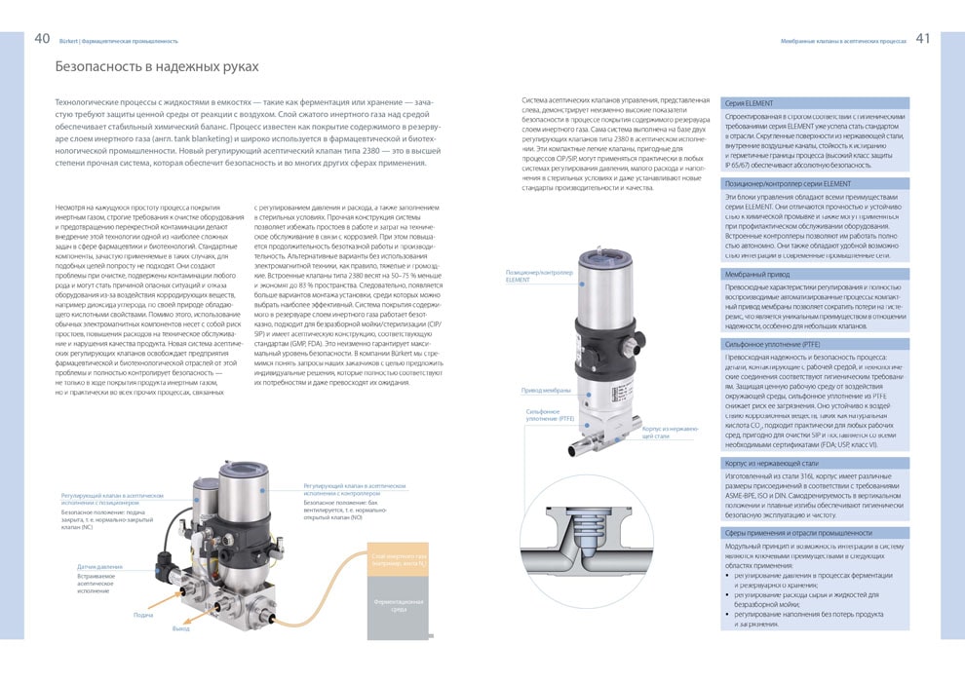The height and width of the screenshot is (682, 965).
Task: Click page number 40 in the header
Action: [43, 39]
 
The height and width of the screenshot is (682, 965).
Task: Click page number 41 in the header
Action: [922, 39]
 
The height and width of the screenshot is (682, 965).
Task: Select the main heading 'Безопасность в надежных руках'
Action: [157, 67]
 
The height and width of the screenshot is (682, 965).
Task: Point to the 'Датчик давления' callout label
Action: [100, 566]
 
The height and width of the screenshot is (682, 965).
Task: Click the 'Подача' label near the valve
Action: [142, 615]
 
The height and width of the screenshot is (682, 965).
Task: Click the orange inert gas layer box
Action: [399, 559]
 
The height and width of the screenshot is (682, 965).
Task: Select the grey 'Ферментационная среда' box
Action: [399, 606]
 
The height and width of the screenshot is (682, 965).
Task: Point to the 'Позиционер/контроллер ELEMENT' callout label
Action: [533, 276]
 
